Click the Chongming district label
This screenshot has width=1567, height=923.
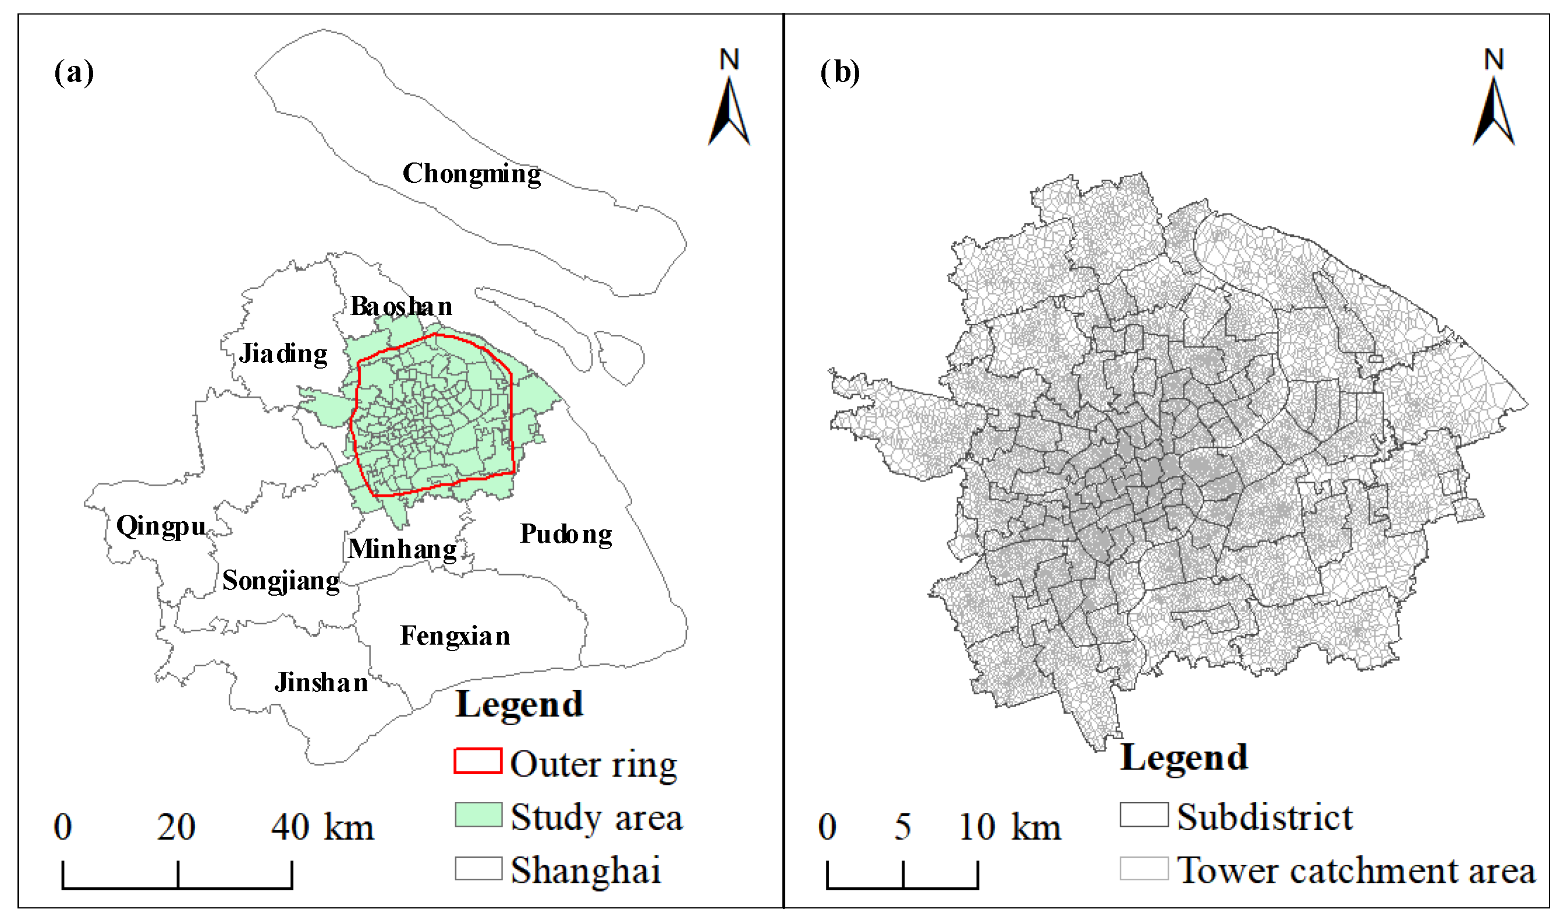471,174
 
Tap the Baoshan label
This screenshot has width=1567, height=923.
401,307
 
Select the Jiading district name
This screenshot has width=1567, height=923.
283,354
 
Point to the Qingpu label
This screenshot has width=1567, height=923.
161,527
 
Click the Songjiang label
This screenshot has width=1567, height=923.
281,582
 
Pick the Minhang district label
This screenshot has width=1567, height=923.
402,549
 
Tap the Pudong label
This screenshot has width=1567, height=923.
566,534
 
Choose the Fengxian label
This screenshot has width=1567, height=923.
455,636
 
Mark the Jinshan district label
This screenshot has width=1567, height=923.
321,683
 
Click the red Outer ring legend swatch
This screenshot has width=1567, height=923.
477,761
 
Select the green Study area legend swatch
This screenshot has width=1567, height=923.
477,815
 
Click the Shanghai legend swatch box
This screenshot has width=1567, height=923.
477,868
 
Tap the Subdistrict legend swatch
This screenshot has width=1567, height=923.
1144,815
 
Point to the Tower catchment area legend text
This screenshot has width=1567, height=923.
1356,870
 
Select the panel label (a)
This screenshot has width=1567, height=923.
74,72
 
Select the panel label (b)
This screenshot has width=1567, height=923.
839,72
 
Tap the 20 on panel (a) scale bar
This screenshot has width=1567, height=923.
176,827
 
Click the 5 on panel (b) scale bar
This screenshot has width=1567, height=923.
903,827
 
